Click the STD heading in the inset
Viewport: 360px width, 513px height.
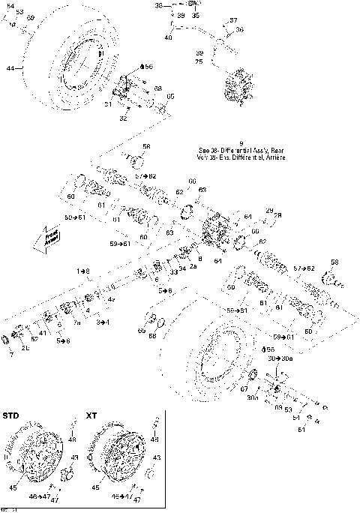pos(11,415)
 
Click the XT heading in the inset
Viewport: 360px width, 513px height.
pos(91,415)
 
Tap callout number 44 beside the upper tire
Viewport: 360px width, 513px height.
pos(10,69)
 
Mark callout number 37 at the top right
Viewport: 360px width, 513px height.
pos(233,20)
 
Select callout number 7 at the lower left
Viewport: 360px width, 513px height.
pos(10,354)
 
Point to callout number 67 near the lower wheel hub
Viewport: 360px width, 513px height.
pos(244,389)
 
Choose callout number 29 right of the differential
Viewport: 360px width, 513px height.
pos(269,210)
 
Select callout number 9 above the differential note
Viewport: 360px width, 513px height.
pos(241,142)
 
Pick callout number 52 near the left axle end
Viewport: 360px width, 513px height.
pos(34,339)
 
